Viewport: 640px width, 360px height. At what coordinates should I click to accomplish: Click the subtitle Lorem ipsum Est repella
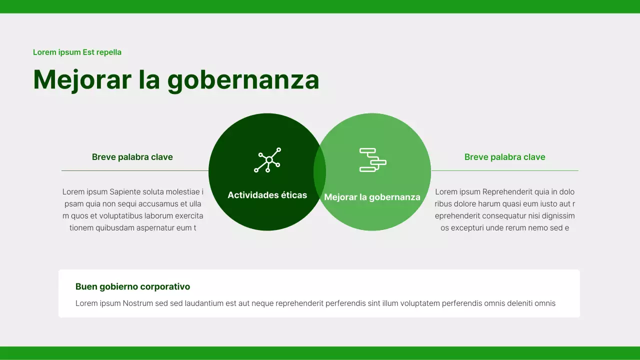coord(77,52)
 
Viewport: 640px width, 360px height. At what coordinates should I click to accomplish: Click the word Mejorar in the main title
coord(82,80)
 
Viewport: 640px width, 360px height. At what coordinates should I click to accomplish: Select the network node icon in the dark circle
coord(267,160)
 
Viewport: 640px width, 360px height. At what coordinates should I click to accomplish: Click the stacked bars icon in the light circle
coord(372,160)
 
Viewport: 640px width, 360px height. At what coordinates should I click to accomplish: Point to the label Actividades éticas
coord(267,195)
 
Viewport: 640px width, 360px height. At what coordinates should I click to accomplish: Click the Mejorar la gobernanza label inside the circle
coord(372,197)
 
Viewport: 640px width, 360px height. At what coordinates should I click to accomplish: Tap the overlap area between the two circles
coord(319,171)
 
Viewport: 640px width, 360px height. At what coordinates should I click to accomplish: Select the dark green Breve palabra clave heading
coord(132,157)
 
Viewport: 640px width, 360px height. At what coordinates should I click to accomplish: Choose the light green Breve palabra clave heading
coord(504,157)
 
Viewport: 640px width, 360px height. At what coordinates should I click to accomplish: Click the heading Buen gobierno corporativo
coord(132,286)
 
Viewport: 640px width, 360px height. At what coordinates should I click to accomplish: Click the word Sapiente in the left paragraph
coord(125,191)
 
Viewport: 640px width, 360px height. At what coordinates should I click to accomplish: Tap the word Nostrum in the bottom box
coord(138,303)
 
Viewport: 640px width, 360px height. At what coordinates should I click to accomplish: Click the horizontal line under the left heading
coord(134,170)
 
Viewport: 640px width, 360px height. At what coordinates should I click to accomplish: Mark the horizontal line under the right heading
coord(504,170)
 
